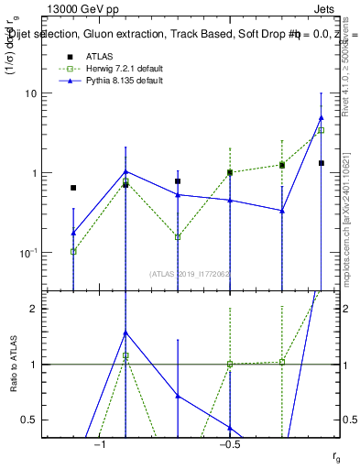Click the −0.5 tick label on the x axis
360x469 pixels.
coord(230,444)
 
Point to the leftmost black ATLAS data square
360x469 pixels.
coord(73,188)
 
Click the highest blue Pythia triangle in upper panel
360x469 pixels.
coord(321,117)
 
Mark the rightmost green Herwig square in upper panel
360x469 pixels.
coord(321,130)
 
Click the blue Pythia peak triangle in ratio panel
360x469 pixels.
coord(125,333)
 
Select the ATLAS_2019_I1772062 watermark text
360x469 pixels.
coord(190,273)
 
